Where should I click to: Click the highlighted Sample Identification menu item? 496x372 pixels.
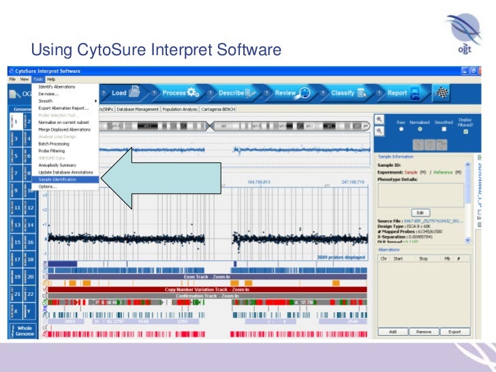pos(58,179)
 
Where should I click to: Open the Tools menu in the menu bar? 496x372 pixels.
pos(38,79)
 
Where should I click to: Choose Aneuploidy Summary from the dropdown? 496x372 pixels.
pos(57,165)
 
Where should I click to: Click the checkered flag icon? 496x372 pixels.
pos(443,93)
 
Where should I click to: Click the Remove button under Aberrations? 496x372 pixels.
pos(424,331)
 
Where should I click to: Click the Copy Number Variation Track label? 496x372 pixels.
pos(207,290)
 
